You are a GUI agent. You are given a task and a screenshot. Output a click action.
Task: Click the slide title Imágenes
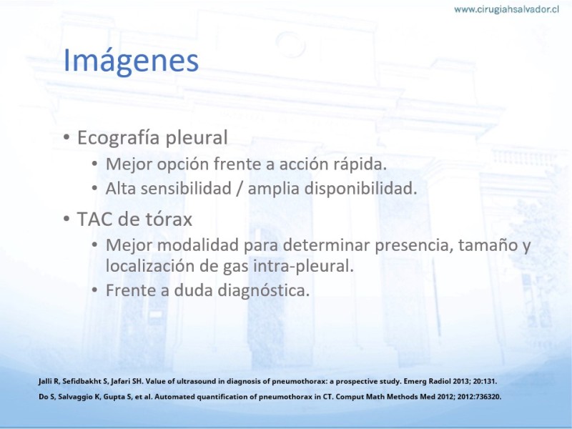tap(131, 61)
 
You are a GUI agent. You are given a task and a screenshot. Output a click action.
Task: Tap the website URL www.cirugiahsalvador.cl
tap(506, 9)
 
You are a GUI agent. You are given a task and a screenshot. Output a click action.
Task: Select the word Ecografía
tap(119, 138)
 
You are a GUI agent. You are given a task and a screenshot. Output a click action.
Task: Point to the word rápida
tap(360, 164)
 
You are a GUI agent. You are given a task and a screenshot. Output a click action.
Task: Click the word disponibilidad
tap(360, 189)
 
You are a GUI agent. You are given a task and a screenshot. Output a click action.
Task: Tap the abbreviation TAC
tap(94, 220)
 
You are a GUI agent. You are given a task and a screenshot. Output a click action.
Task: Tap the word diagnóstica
tap(263, 291)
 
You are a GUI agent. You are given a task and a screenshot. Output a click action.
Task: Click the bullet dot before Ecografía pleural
tap(66, 137)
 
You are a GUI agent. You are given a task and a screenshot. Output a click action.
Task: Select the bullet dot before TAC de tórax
tap(66, 219)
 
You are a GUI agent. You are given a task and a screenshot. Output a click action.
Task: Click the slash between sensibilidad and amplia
tap(240, 189)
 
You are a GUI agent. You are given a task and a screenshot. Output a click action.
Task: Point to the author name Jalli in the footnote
tap(46, 382)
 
